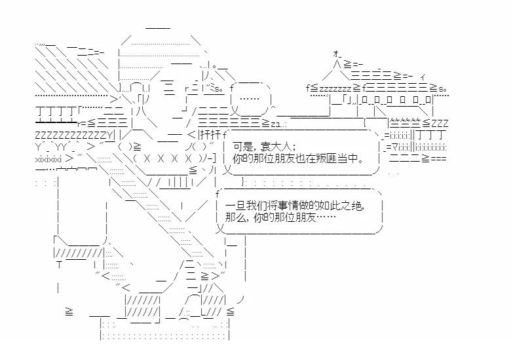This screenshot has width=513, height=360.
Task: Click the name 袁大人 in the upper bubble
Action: click(281, 146)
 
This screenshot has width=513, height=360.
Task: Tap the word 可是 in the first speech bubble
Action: click(244, 146)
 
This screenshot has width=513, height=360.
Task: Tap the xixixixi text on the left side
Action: click(50, 158)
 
